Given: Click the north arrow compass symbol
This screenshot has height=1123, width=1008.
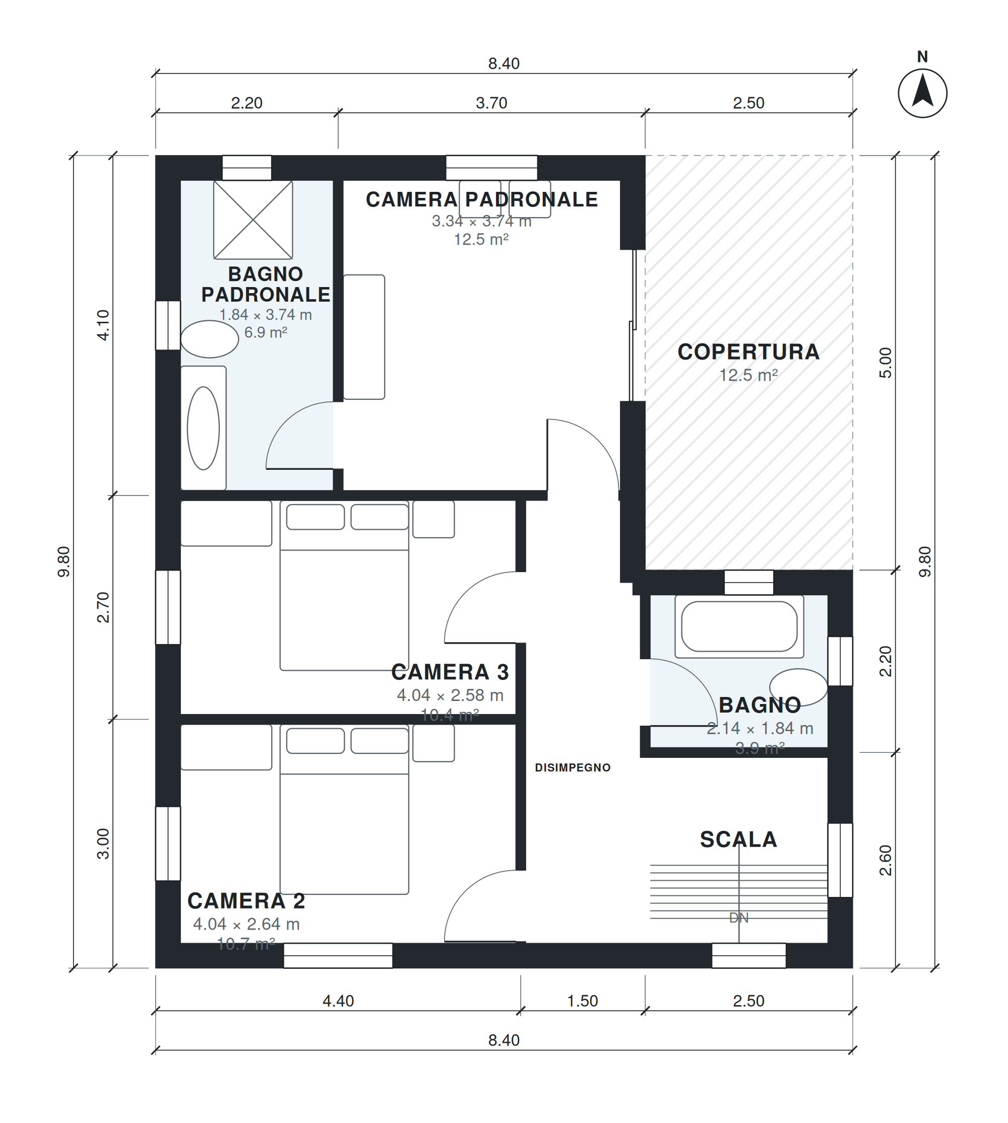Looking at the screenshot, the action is click(922, 93).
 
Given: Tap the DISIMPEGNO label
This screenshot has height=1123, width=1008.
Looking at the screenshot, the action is click(573, 767).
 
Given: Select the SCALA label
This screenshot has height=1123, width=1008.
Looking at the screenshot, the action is click(739, 839).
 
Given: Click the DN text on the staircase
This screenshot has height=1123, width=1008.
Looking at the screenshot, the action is click(739, 918).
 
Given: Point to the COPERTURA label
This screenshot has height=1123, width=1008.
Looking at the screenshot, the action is click(748, 352).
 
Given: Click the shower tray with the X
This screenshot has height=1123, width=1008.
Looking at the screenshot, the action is click(253, 220).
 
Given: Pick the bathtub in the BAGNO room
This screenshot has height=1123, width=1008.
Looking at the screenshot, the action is click(739, 626).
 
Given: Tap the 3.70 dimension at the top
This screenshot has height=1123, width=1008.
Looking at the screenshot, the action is click(492, 103).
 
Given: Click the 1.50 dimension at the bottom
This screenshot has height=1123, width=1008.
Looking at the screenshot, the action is click(583, 1001).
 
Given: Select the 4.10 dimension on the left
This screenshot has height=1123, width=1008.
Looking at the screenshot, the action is click(103, 325).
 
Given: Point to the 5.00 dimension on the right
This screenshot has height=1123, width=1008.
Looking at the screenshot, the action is click(886, 363).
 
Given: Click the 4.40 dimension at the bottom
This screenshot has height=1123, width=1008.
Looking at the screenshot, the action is click(338, 1001).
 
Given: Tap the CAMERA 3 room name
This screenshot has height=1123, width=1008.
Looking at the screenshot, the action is click(450, 672).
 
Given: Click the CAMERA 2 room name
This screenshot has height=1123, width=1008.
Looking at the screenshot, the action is click(246, 901).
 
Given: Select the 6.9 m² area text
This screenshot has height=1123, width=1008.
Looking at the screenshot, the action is click(266, 333).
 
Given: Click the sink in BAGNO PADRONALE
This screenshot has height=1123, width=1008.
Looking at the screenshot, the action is click(210, 339).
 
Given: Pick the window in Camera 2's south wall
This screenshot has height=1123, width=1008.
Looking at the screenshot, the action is click(338, 956).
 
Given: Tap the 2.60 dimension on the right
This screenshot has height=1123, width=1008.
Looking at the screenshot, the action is click(886, 861).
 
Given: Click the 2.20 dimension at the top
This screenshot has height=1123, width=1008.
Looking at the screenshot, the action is click(246, 103).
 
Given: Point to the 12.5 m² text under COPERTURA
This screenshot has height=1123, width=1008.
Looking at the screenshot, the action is click(748, 375).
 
